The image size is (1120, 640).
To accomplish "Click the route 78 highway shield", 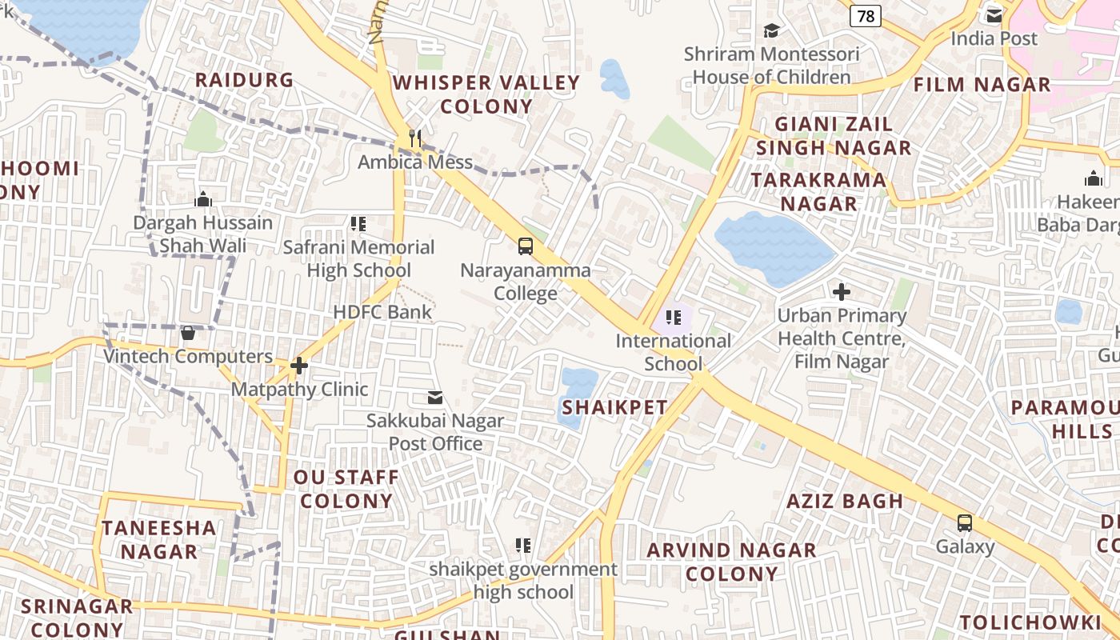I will point(866,15).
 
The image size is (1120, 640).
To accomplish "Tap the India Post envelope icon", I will point(994,15).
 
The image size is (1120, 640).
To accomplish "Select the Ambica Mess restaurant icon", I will point(414,138).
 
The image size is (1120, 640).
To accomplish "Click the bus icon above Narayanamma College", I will point(525,246).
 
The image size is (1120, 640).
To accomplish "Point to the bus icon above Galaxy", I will point(965,523).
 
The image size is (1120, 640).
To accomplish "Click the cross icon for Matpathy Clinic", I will point(299,366).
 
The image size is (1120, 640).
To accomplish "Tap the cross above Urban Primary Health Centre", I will point(842,292).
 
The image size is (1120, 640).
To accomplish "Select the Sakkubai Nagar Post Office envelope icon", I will point(435,398).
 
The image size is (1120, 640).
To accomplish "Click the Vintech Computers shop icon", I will point(188,333).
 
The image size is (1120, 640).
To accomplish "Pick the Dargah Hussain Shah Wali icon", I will point(203,199).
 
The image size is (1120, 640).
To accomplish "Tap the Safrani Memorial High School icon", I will point(358,224).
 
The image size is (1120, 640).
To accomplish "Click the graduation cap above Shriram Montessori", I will point(771,30).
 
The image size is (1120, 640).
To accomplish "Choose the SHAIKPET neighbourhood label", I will point(614,407).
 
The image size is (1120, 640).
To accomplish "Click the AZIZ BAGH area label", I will point(845,502).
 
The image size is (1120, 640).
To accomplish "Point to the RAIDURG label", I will point(245,80).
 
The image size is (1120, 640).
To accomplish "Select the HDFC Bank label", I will point(382,312).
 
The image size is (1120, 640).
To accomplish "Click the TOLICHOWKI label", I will point(1030,622).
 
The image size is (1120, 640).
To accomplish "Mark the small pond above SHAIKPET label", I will point(578,384).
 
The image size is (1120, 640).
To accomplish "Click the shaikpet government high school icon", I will point(523,546).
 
